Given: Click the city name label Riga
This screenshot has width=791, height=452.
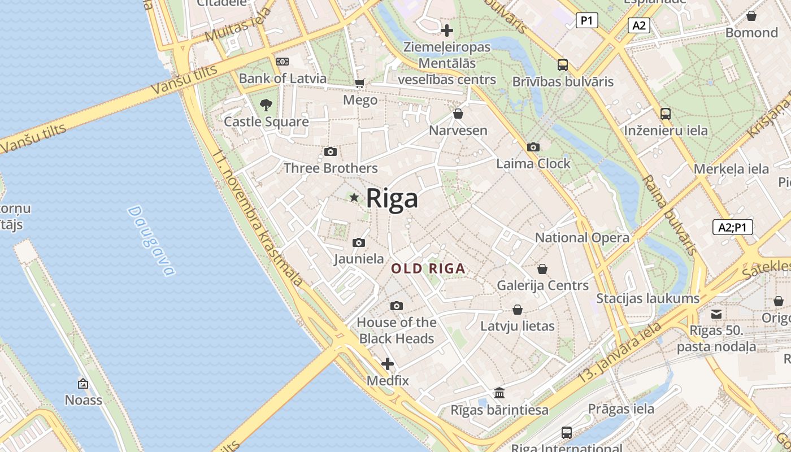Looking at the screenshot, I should point(392,198).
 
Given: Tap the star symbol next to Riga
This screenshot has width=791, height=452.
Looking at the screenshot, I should point(354,198).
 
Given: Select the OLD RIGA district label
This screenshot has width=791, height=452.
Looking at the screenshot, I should point(429,269).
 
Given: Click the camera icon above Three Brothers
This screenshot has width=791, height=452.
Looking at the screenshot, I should point(331,151).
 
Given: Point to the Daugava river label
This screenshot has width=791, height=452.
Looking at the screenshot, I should point(150,241).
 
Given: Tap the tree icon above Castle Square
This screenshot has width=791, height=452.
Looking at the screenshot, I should point(266,105).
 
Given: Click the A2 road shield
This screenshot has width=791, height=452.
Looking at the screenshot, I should point(639,25).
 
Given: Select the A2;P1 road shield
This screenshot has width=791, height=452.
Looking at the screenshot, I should point(732,227).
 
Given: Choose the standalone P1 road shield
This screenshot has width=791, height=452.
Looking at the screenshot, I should point(587,21).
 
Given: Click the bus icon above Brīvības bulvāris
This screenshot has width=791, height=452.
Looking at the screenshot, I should point(563,64).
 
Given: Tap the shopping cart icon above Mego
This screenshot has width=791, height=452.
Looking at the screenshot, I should point(360,84).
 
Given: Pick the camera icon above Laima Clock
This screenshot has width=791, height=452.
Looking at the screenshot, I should point(533,147).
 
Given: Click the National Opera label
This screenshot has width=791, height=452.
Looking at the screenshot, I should point(582,238).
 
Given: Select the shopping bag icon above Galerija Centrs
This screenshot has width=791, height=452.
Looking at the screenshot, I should point(542,269).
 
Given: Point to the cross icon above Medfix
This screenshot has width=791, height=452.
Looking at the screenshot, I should point(388,364).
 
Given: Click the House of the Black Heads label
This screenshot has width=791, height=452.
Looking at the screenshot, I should point(397,331).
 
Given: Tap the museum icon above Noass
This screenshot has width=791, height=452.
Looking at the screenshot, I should point(83,384).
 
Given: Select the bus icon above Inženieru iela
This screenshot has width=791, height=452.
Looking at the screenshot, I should point(666,114).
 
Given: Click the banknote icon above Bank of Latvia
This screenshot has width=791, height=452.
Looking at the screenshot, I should point(282,61).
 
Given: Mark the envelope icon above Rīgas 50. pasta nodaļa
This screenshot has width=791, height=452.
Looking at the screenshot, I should point(716,314).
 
